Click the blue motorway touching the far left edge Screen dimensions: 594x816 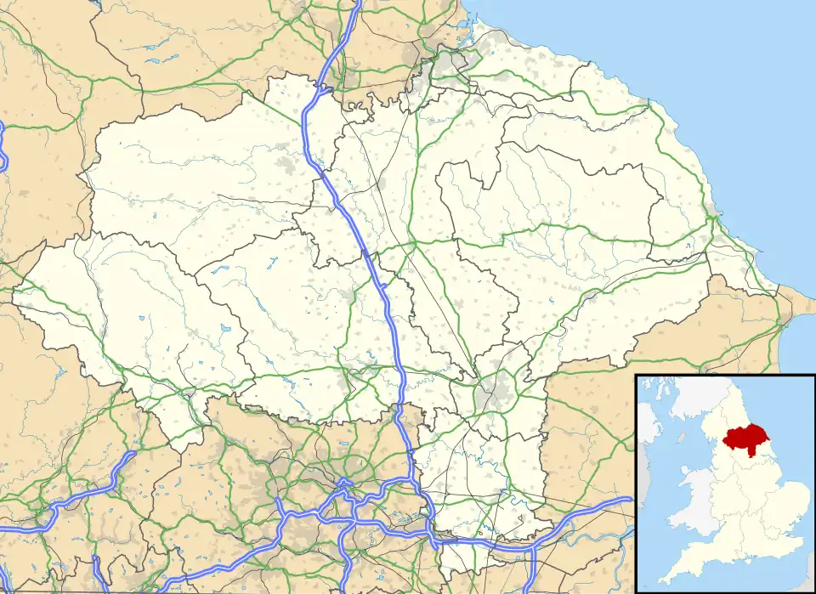[3, 140]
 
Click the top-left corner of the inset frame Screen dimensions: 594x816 [636, 375]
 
